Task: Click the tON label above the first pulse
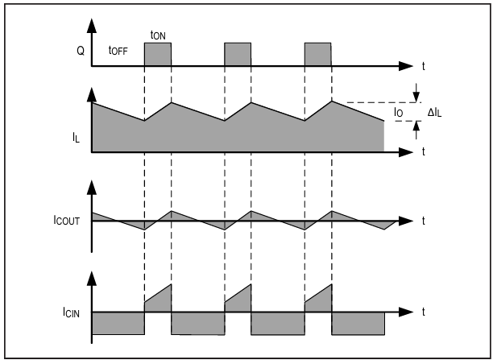click(158, 35)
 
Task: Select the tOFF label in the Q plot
click(118, 50)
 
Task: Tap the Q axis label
click(81, 51)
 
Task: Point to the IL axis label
click(76, 138)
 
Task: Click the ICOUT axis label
click(66, 221)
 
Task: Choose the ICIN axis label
click(71, 312)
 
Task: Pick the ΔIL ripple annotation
click(434, 112)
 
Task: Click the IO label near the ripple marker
click(399, 112)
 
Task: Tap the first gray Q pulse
click(158, 55)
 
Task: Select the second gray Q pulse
click(238, 55)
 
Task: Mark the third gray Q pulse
click(318, 55)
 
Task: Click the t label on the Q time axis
click(424, 66)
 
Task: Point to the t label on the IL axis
click(424, 151)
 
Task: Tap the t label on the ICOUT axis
click(424, 221)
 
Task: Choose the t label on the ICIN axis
click(424, 312)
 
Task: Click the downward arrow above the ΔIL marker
click(416, 93)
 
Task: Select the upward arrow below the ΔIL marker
click(416, 130)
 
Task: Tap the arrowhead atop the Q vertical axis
click(92, 25)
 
